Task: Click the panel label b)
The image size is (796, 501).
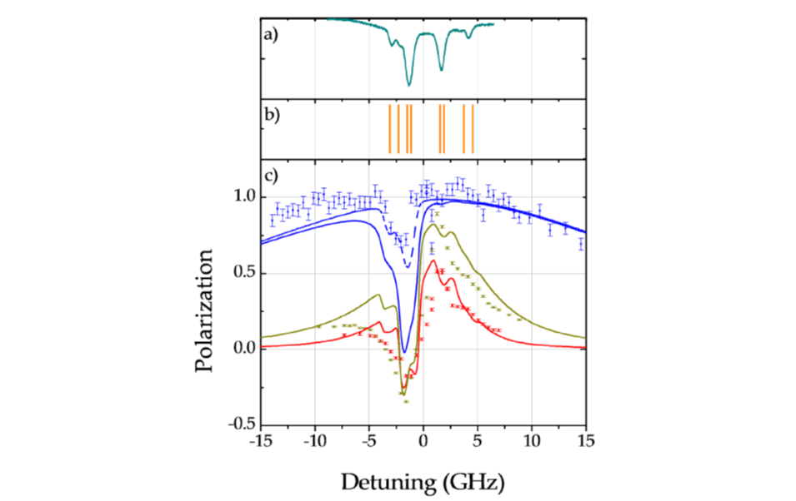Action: (270, 115)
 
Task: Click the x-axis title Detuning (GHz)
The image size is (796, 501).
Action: (423, 480)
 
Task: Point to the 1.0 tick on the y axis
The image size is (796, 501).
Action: (241, 198)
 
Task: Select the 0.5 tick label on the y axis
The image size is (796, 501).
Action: (241, 273)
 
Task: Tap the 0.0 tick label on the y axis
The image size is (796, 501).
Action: (241, 349)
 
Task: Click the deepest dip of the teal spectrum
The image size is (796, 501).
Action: (409, 85)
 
